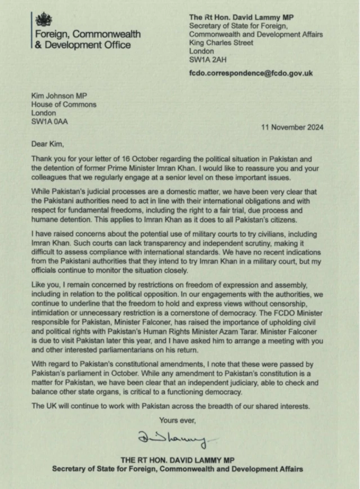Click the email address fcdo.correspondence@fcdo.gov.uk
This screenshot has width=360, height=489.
(251, 73)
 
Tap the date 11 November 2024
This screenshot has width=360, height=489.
(292, 127)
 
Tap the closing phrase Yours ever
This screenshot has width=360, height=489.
(178, 419)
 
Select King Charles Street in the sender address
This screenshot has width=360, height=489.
(222, 42)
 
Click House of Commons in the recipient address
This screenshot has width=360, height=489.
(64, 104)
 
